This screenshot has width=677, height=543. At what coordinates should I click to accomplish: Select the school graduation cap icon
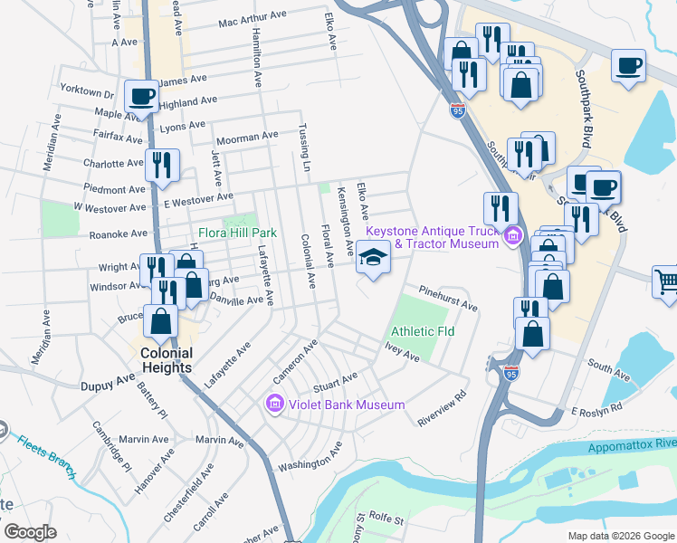pyautogui.click(x=372, y=258)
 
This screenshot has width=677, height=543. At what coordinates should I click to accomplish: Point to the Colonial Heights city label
pyautogui.click(x=166, y=360)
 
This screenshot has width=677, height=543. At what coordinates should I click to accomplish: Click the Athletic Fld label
pyautogui.click(x=423, y=331)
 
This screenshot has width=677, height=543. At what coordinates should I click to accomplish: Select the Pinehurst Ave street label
pyautogui.click(x=447, y=299)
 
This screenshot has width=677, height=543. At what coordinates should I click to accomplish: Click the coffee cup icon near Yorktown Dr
pyautogui.click(x=142, y=96)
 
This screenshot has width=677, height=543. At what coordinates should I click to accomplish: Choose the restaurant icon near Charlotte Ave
pyautogui.click(x=162, y=164)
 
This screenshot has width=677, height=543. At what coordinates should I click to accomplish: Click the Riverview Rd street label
pyautogui.click(x=442, y=409)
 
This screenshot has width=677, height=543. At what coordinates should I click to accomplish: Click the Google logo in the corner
pyautogui.click(x=31, y=532)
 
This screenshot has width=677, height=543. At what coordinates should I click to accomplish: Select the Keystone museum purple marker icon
pyautogui.click(x=513, y=237)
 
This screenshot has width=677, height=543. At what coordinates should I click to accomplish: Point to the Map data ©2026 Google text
pyautogui.click(x=620, y=536)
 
